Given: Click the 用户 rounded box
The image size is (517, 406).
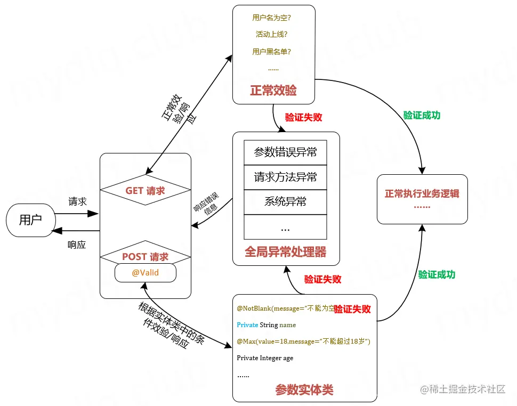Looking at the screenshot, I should click(x=30, y=220).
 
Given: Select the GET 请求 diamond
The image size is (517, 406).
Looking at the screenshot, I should click(x=145, y=191).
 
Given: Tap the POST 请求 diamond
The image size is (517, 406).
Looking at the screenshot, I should click(x=145, y=257).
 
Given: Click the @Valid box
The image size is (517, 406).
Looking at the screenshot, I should click(x=145, y=273).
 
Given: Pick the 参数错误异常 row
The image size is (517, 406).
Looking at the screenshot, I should click(x=285, y=152).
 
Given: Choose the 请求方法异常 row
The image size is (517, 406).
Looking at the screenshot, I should click(x=285, y=177).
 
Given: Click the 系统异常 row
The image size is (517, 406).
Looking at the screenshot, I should click(x=285, y=201).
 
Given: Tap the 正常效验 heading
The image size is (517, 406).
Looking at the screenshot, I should click(x=273, y=91).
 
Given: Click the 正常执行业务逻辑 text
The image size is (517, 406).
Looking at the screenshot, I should click(x=422, y=194).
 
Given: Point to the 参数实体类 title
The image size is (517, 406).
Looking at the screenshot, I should click(x=304, y=390).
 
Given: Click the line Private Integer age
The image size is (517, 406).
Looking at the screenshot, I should click(x=265, y=358).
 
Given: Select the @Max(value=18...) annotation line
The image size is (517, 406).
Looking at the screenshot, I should click(x=303, y=341).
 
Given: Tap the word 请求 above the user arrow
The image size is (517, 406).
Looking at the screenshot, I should click(x=77, y=202).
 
